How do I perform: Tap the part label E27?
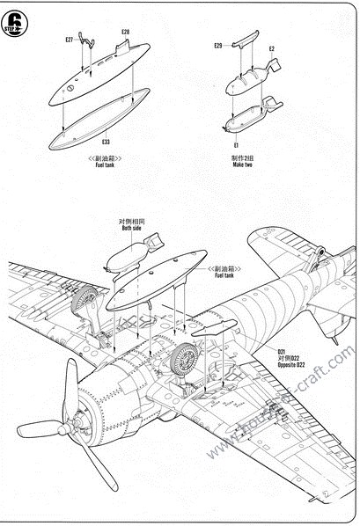coord(69,40)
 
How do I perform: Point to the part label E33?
coord(106,142)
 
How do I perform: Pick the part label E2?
coord(271,49)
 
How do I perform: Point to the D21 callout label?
coord(283,350)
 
